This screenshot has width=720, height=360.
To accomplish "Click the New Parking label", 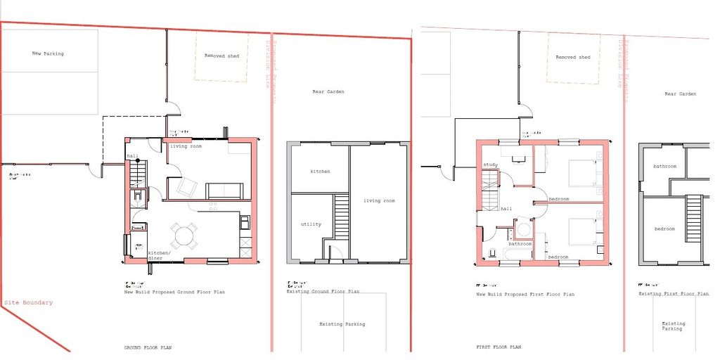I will pos(48,53).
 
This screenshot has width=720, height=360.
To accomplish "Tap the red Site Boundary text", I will pos(28,303).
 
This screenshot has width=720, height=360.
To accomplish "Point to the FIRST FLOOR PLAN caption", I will pos(499,347).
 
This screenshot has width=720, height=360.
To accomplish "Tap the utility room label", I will pos(311,224).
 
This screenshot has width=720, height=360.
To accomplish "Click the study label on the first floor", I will pos(490,165).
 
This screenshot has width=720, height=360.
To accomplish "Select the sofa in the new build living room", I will pos(224,190).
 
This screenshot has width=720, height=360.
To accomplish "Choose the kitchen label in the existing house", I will pos(320,172).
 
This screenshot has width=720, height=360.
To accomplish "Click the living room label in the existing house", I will pos(379,201).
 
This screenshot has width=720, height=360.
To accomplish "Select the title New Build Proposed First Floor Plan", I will pos(525,294).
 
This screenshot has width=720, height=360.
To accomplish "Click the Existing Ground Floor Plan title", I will pos(323,290).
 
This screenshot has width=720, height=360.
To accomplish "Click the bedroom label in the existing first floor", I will pos(664,229).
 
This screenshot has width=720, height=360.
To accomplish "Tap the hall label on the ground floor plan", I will pos(132,156).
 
